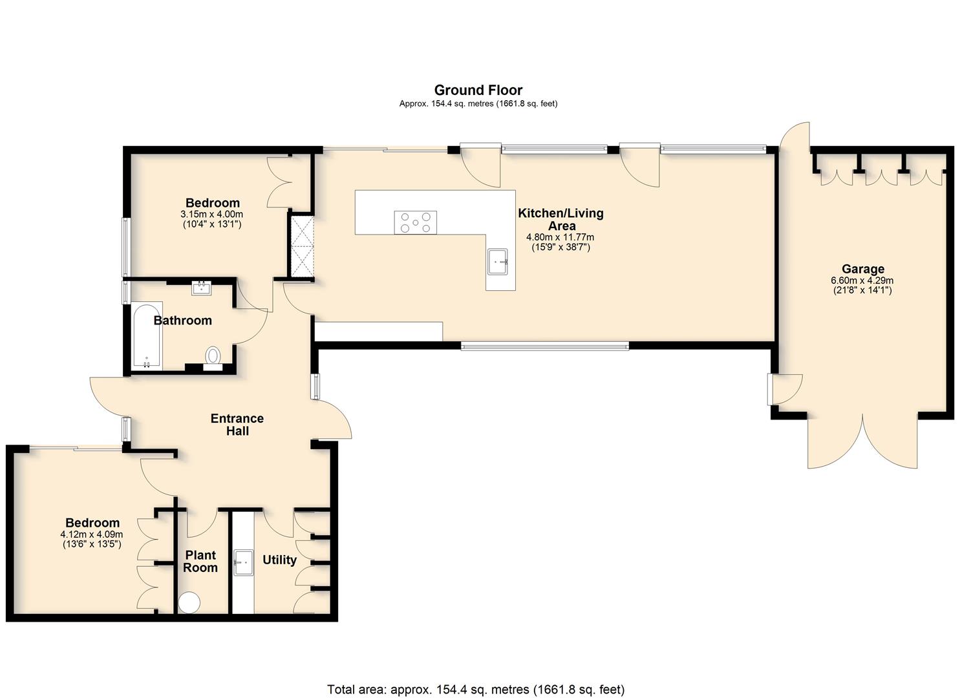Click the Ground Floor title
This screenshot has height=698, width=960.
[478, 90]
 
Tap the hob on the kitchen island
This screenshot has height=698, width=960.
[415, 222]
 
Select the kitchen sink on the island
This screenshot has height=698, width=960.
[497, 261]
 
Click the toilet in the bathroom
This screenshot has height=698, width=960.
[213, 359]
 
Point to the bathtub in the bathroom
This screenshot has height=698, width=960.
[147, 336]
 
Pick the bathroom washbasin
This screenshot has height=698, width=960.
[202, 288]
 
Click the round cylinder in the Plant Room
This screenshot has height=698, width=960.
[189, 602]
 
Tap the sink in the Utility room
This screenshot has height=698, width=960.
[243, 562]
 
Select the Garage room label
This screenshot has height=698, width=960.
[863, 269]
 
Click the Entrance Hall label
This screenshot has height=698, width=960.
[237, 425]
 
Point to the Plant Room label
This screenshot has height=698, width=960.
[200, 562]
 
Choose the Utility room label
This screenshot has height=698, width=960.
[279, 560]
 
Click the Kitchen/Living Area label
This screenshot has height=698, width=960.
[560, 219]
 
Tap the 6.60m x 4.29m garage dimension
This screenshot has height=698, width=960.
[862, 281]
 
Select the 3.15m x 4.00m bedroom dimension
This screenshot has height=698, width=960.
[211, 214]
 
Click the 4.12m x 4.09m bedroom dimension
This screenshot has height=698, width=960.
[92, 534]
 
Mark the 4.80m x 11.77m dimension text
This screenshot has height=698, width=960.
[560, 237]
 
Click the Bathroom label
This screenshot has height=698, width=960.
[182, 321]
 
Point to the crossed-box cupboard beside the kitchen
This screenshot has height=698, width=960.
[302, 247]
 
